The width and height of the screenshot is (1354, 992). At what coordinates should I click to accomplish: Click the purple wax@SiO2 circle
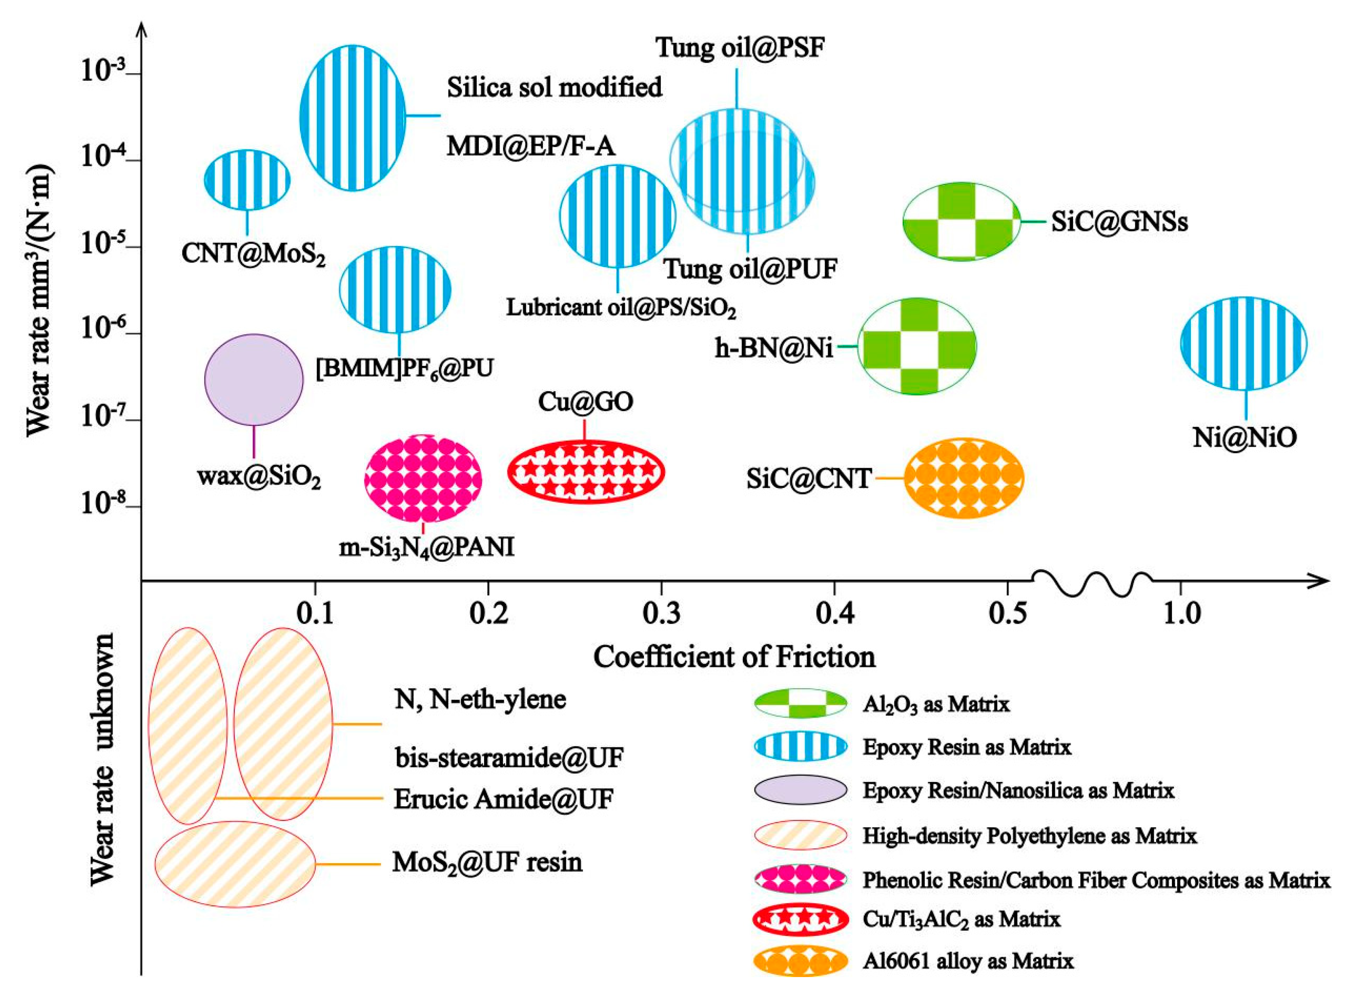point(254,380)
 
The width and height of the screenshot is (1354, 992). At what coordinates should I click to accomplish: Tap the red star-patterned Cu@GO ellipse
point(586,471)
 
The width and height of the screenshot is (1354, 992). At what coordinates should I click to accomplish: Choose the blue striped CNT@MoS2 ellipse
point(247,180)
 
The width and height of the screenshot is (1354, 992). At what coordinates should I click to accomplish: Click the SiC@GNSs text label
point(1119,222)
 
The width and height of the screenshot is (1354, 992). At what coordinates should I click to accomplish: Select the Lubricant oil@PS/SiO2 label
point(620,308)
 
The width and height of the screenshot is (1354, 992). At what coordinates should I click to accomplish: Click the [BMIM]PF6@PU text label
point(405,368)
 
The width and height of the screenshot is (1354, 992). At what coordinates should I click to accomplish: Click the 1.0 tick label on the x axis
point(1181,614)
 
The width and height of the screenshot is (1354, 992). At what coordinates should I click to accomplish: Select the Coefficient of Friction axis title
point(734,657)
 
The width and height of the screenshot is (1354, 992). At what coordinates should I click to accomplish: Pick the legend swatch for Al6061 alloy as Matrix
point(800,961)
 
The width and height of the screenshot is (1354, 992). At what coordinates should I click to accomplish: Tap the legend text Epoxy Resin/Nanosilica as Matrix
point(1018,790)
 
